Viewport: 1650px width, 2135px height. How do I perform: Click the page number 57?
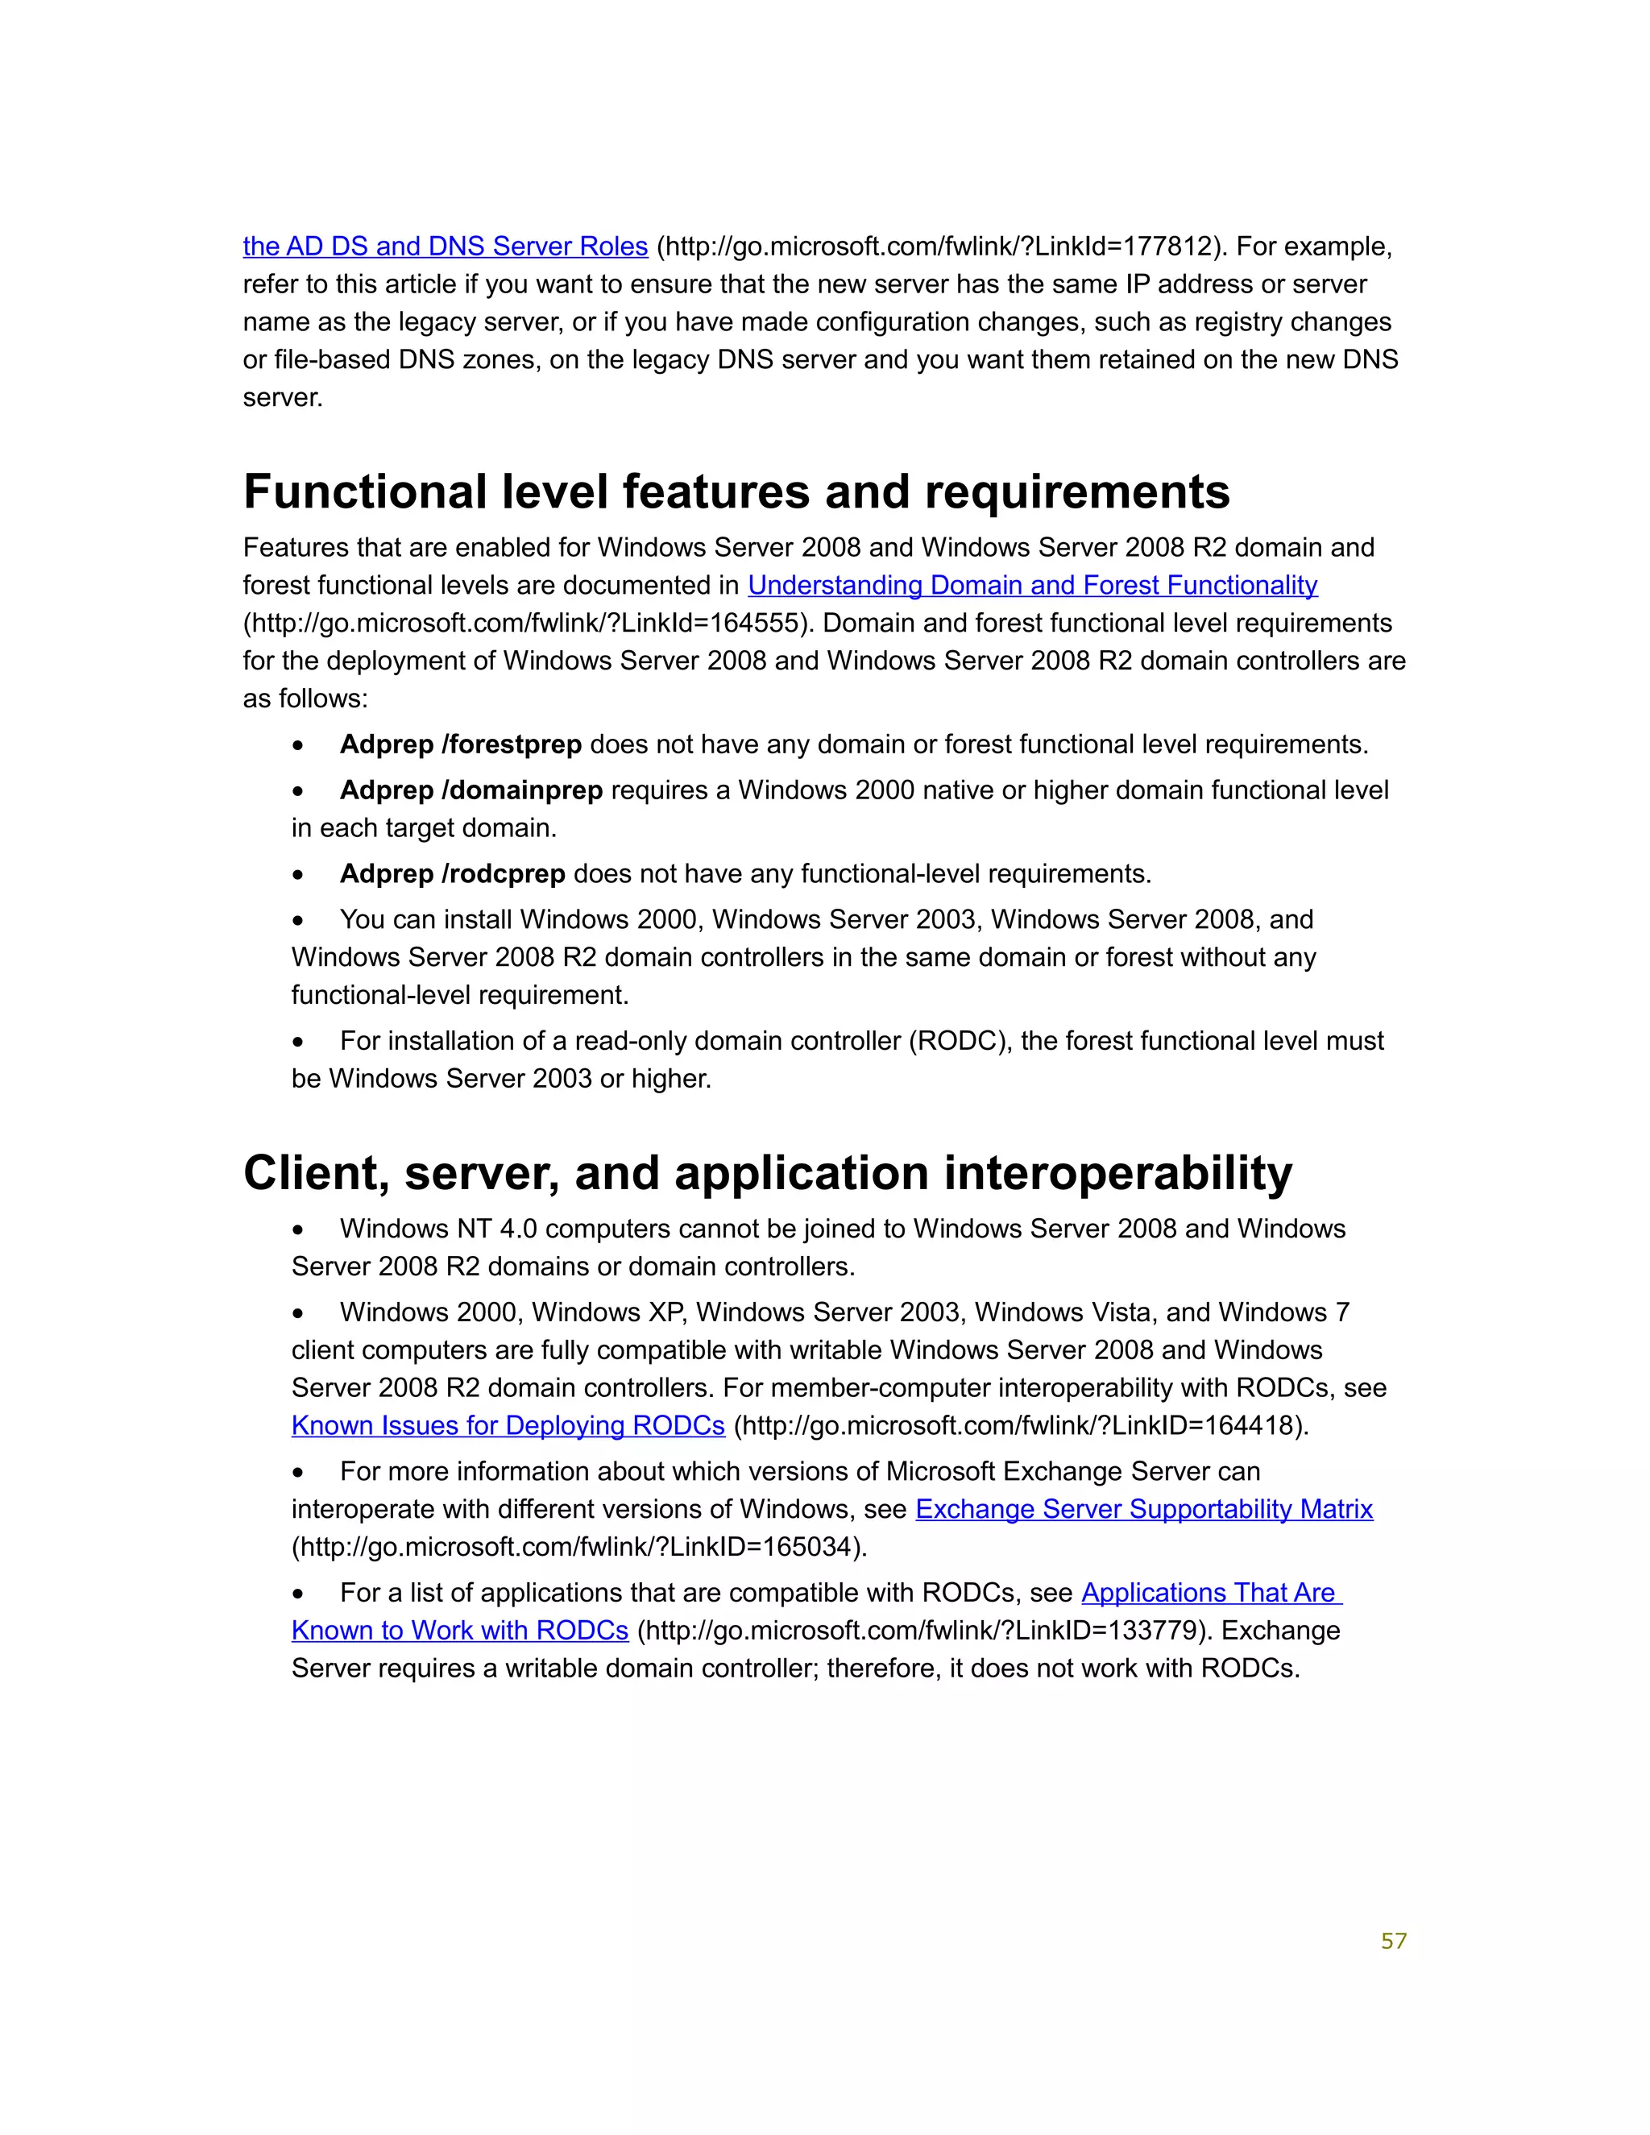click(x=1393, y=1942)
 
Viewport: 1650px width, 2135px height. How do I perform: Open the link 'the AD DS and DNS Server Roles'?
click(x=445, y=247)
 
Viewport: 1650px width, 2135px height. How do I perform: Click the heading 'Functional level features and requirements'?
click(x=736, y=491)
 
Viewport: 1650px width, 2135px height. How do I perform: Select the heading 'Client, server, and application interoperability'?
click(x=767, y=1172)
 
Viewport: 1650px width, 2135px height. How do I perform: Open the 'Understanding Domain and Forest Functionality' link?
click(x=1032, y=586)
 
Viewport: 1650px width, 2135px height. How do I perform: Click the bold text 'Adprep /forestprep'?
click(x=460, y=745)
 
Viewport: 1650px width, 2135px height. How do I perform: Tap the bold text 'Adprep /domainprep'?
click(x=471, y=791)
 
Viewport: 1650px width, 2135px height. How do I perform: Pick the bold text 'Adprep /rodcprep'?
click(x=453, y=874)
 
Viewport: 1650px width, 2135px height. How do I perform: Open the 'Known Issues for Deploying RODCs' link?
click(x=508, y=1426)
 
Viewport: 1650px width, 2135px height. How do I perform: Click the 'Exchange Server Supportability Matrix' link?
click(x=1144, y=1509)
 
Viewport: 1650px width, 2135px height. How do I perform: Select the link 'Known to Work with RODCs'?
click(x=459, y=1631)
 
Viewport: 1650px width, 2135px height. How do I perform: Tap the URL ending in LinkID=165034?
click(x=578, y=1548)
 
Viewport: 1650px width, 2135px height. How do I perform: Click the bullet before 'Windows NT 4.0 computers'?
click(x=298, y=1229)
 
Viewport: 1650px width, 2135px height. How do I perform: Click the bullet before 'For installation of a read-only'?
click(x=298, y=1042)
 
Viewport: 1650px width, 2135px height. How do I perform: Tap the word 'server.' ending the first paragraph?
click(x=283, y=398)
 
